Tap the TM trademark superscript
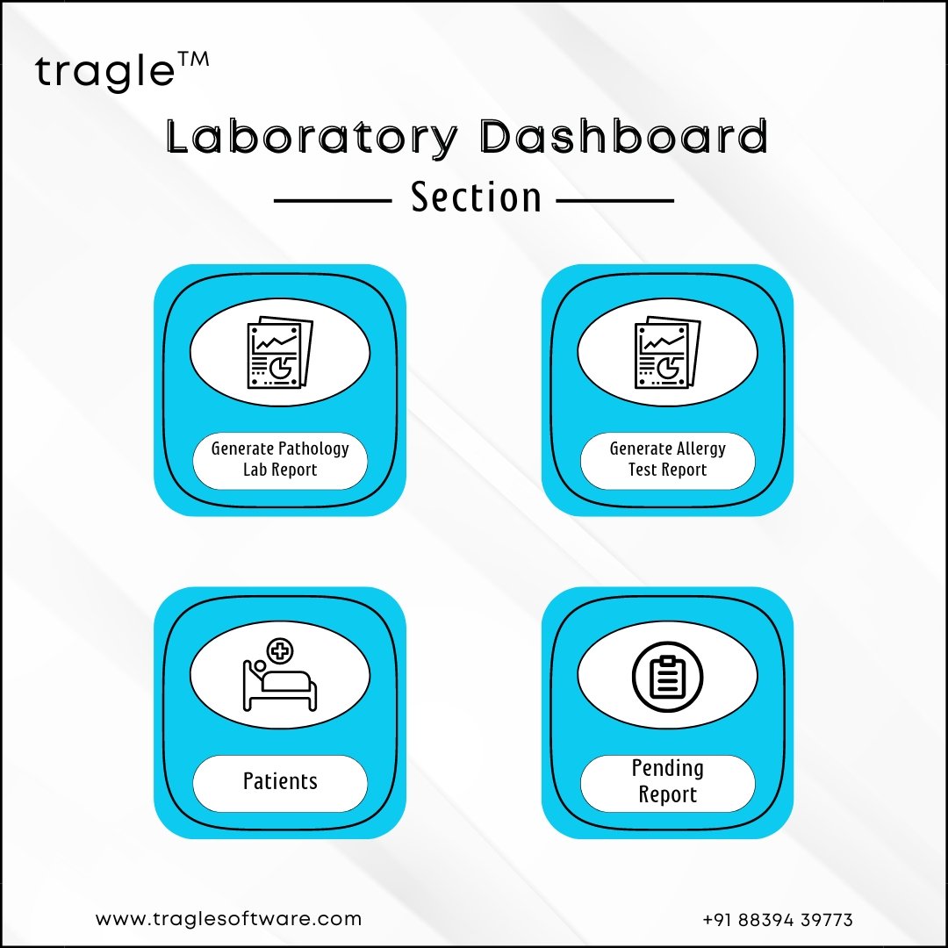click(193, 60)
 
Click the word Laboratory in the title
click(312, 137)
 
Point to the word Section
click(476, 197)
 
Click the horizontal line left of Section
click(334, 201)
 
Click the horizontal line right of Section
click(614, 201)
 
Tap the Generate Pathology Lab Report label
click(280, 459)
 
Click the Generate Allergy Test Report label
click(667, 459)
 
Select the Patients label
click(280, 781)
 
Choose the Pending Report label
click(667, 781)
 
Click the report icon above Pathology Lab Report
click(280, 353)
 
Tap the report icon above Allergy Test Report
click(667, 353)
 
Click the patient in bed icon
click(279, 675)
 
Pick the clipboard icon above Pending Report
click(667, 677)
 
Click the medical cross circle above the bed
click(280, 651)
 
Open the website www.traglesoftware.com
click(228, 919)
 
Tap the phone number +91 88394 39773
click(778, 920)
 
